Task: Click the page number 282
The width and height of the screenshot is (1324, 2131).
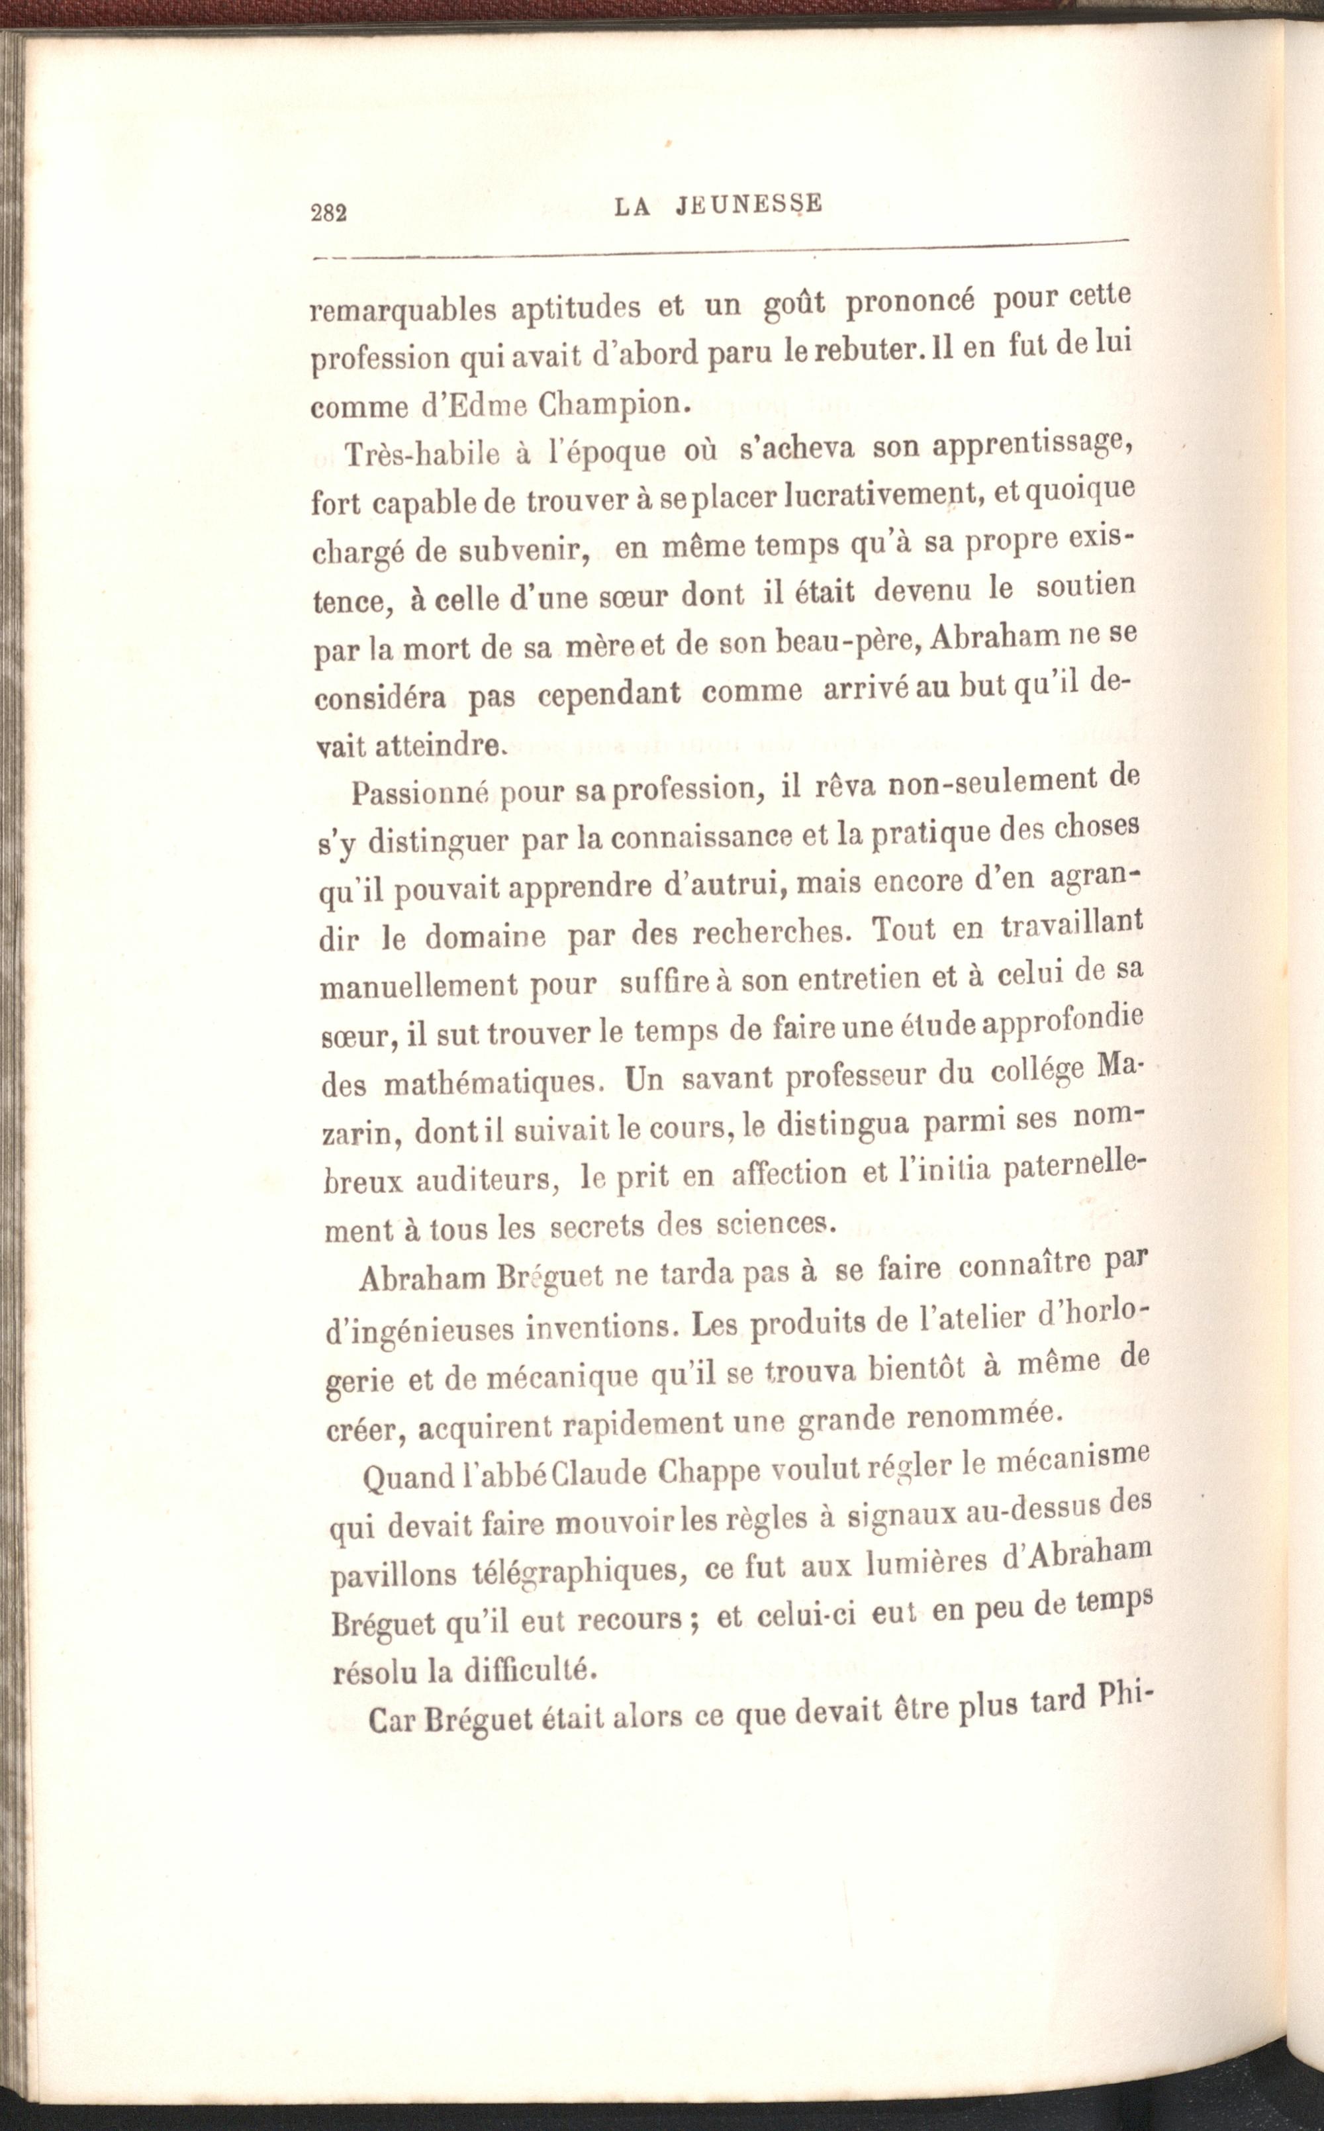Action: coord(329,213)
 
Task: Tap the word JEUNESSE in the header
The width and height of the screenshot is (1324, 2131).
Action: coord(749,204)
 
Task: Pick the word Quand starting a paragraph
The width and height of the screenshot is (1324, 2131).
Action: coord(406,1477)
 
